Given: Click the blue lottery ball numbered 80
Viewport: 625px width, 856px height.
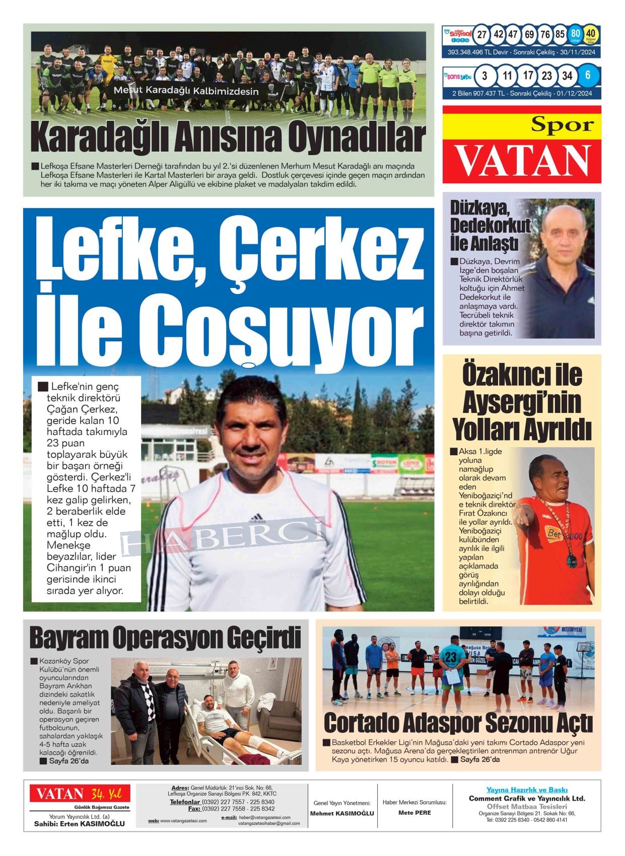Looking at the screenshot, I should click(x=575, y=34).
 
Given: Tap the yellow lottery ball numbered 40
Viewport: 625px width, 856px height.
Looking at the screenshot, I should click(x=591, y=34).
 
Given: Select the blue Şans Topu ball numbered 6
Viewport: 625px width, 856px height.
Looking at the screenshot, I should click(x=587, y=76).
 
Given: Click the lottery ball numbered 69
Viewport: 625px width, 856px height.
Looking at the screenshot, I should click(x=529, y=34).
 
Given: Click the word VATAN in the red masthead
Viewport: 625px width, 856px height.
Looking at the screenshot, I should click(x=522, y=161).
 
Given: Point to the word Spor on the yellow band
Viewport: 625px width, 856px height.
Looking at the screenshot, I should click(x=562, y=124).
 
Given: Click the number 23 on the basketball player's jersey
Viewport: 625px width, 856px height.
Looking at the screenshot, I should click(x=451, y=656).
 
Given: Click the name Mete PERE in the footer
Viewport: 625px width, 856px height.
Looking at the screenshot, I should click(x=414, y=813).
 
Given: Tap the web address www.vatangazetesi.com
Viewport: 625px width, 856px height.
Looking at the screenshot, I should click(x=183, y=821).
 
